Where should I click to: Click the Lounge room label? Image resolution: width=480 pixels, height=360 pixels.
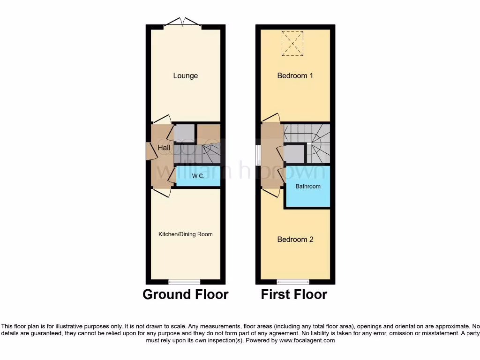coord(185,76)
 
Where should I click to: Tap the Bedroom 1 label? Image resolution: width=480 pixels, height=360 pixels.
coord(295,76)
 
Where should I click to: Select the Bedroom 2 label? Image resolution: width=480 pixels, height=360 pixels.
coord(295,240)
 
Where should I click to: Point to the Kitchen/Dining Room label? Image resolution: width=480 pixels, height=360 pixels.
coord(185,234)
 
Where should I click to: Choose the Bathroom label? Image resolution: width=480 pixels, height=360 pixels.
coord(307,187)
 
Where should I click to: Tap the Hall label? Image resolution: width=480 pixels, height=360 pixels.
coord(164,148)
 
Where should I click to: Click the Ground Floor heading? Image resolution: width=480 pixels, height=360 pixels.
coord(185,294)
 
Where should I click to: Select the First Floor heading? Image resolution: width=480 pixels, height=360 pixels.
coord(294,294)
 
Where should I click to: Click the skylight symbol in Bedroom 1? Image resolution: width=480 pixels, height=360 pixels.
coord(292,44)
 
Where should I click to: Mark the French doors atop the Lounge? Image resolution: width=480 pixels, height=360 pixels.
coord(183,22)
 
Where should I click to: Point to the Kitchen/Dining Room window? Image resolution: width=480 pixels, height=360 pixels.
coord(184,282)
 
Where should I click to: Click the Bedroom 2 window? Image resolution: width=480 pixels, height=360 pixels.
coord(292,282)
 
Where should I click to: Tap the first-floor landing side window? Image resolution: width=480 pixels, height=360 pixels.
coord(257,155)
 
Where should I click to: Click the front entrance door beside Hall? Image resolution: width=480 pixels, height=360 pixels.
coord(150,150)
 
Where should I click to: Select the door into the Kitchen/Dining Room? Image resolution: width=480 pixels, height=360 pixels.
coord(161,193)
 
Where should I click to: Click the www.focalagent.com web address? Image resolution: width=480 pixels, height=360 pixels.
coord(307,341)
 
